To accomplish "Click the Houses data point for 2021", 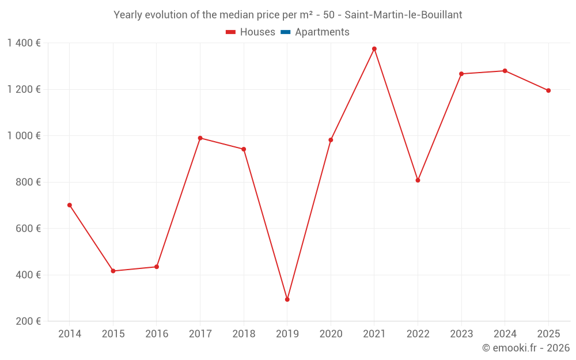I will pos(374,49).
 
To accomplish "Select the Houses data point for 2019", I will pos(287,300).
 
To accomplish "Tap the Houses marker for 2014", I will pos(70,205).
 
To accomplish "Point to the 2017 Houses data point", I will pos(200,138).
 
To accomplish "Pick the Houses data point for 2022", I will pos(418,180).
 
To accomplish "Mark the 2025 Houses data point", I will pos(548,90).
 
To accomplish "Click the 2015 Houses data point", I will pos(113,271).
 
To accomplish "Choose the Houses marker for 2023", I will pos(461,74).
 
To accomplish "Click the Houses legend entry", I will pos(251,32).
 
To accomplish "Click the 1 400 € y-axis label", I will pos(24,43).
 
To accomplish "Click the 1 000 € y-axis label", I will pos(24,136).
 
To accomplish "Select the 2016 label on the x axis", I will pos(157,334).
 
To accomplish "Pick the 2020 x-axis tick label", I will pos(331,334).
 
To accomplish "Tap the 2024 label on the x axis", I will pos(505,334).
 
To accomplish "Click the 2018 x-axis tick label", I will pos(244,334).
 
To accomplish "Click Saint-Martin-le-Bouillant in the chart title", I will pos(403,15).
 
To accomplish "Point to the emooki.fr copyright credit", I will pos(526,348).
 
